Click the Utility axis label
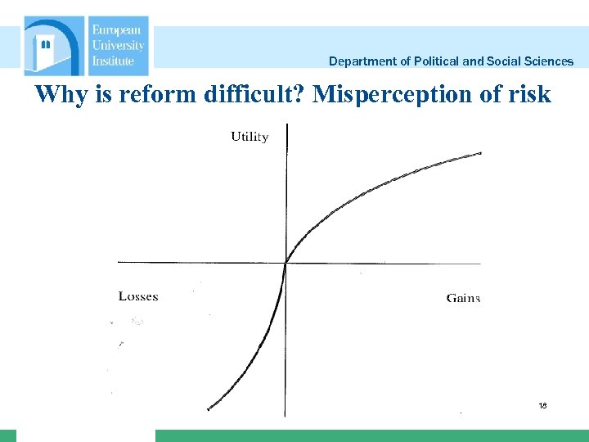[x=250, y=137]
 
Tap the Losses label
[x=138, y=296]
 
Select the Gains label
[x=463, y=298]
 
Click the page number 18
[x=542, y=406]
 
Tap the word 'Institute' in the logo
[x=113, y=61]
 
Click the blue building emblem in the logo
[x=53, y=46]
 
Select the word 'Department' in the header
[x=360, y=61]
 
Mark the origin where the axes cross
[x=286, y=263]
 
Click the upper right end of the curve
[x=480, y=152]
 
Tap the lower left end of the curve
[x=209, y=408]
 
